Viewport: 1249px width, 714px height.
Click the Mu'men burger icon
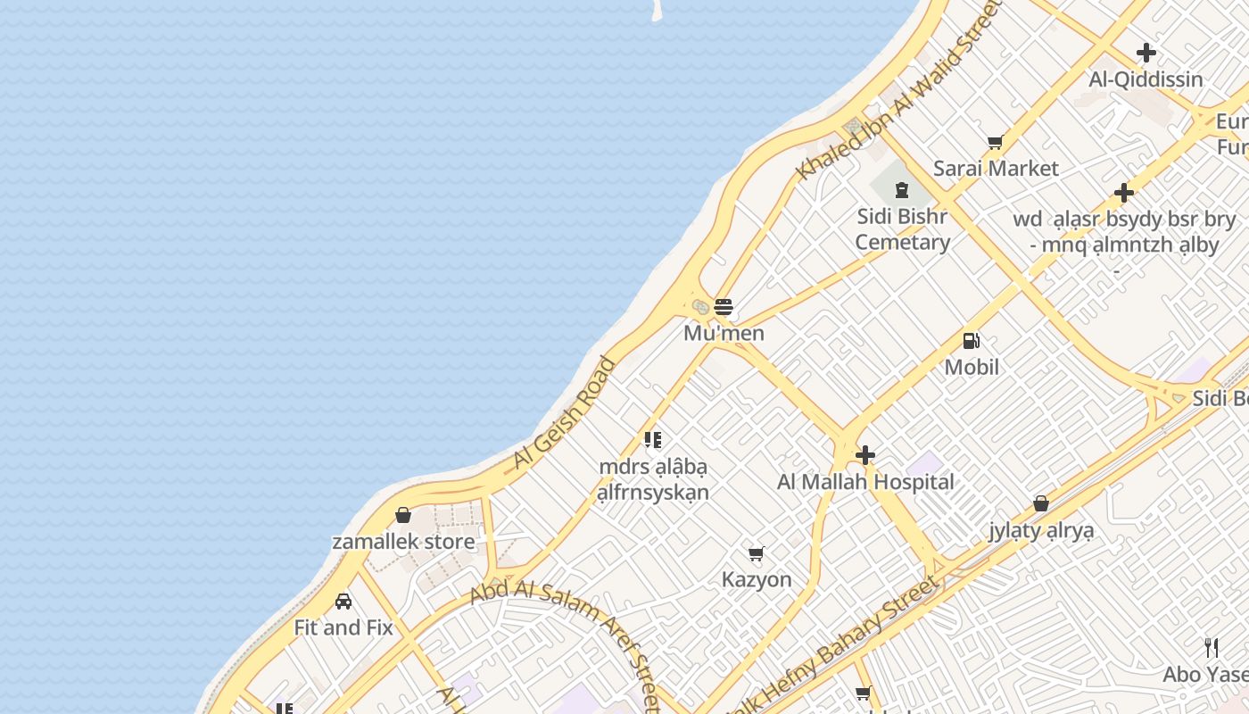[x=724, y=307]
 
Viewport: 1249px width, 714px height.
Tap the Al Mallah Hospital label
[x=865, y=482]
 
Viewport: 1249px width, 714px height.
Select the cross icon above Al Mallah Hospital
[x=864, y=456]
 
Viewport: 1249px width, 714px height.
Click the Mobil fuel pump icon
[x=972, y=340]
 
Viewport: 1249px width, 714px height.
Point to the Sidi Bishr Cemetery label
[x=902, y=228]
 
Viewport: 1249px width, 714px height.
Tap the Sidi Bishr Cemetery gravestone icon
[x=901, y=189]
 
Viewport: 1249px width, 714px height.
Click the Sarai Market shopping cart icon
[x=996, y=142]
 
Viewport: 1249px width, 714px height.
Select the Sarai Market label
[x=996, y=168]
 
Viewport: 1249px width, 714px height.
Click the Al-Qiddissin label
[x=1146, y=79]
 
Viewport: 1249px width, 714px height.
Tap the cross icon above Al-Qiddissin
[x=1146, y=53]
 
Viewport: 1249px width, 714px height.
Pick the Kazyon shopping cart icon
[x=757, y=553]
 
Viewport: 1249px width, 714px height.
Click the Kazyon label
[x=757, y=579]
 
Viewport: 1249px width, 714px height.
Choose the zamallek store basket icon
[x=403, y=515]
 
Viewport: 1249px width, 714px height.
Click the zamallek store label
[x=403, y=542]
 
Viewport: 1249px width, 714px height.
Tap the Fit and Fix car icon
[x=343, y=602]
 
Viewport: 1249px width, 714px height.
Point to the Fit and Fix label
[x=343, y=627]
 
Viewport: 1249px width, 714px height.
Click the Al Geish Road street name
[x=564, y=413]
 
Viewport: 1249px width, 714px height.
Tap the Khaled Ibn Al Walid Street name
[x=901, y=89]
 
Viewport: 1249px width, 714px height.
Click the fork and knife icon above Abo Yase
[x=1212, y=647]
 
